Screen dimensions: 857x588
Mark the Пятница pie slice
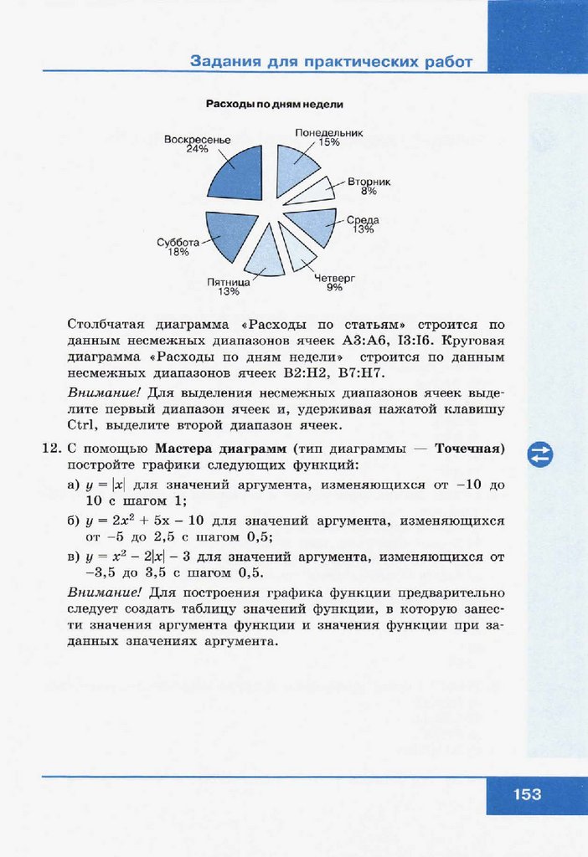[x=266, y=251]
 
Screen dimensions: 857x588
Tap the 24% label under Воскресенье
[x=197, y=149]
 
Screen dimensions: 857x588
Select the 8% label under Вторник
[x=369, y=191]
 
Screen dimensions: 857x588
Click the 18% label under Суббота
[x=178, y=252]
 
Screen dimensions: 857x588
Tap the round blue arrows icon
[x=540, y=454]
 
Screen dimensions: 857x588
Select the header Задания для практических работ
[x=331, y=62]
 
